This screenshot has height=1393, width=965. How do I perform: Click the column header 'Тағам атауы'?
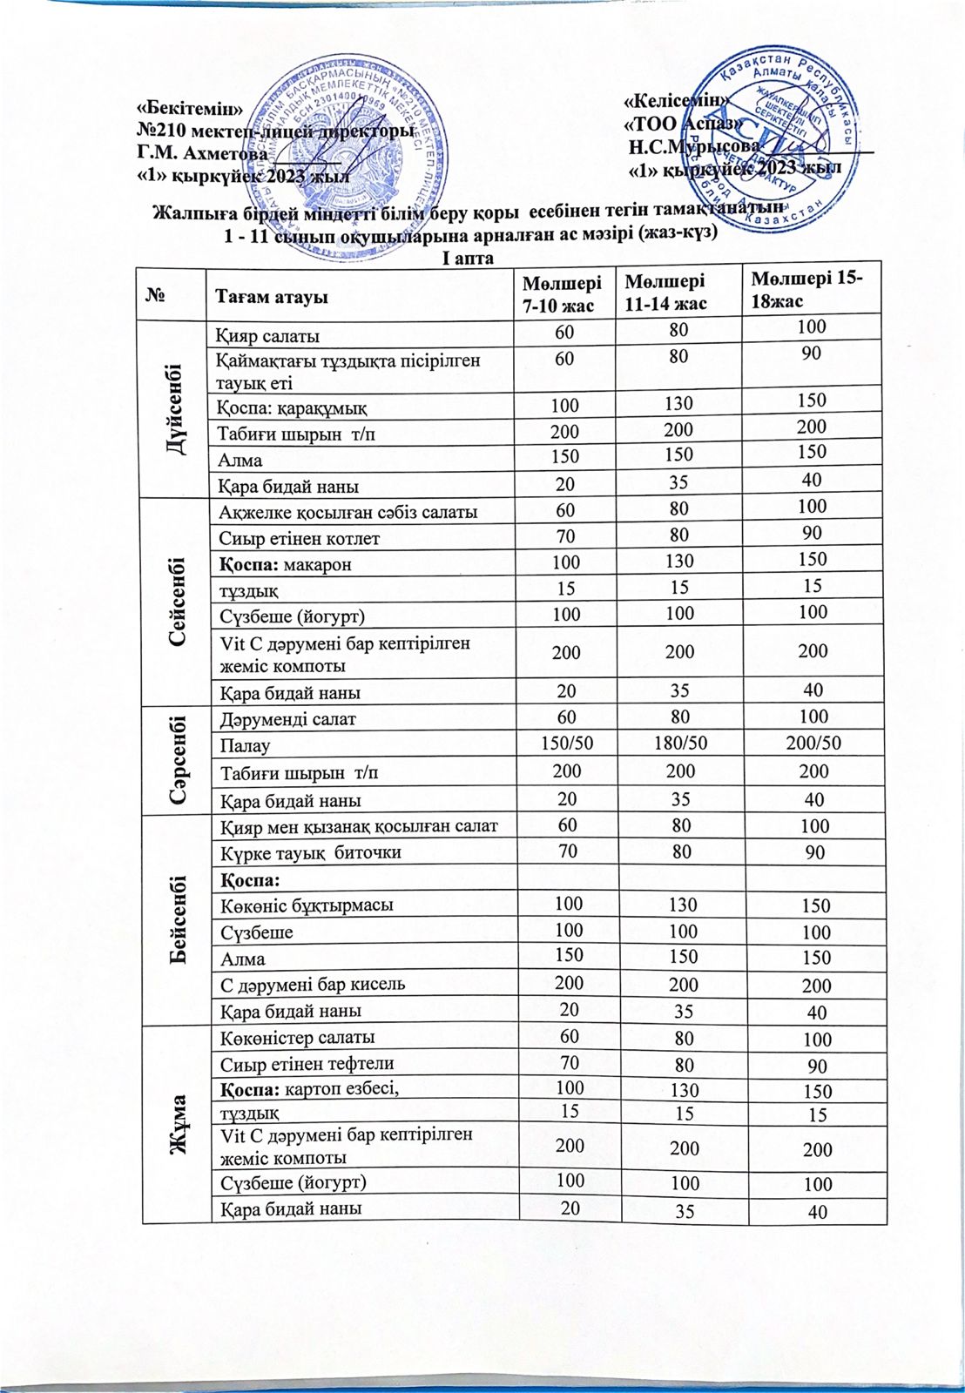point(271,296)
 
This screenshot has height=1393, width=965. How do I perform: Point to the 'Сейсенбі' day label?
point(175,599)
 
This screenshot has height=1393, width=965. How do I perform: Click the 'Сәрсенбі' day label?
point(174,758)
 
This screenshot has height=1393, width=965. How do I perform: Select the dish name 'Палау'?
point(245,746)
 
